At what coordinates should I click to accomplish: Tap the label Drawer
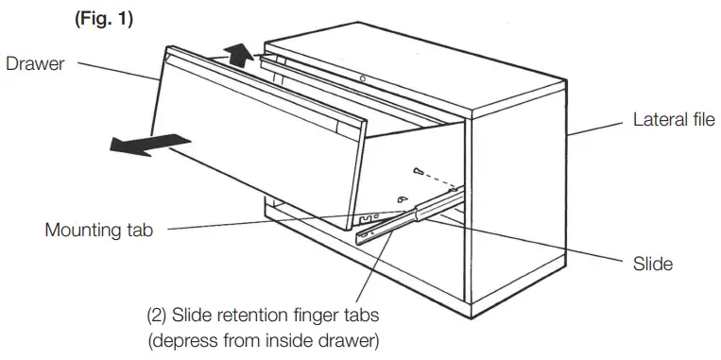[34, 64]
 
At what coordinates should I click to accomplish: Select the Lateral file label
[674, 122]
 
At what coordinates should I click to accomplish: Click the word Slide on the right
[652, 264]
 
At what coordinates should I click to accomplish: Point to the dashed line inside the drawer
[438, 180]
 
